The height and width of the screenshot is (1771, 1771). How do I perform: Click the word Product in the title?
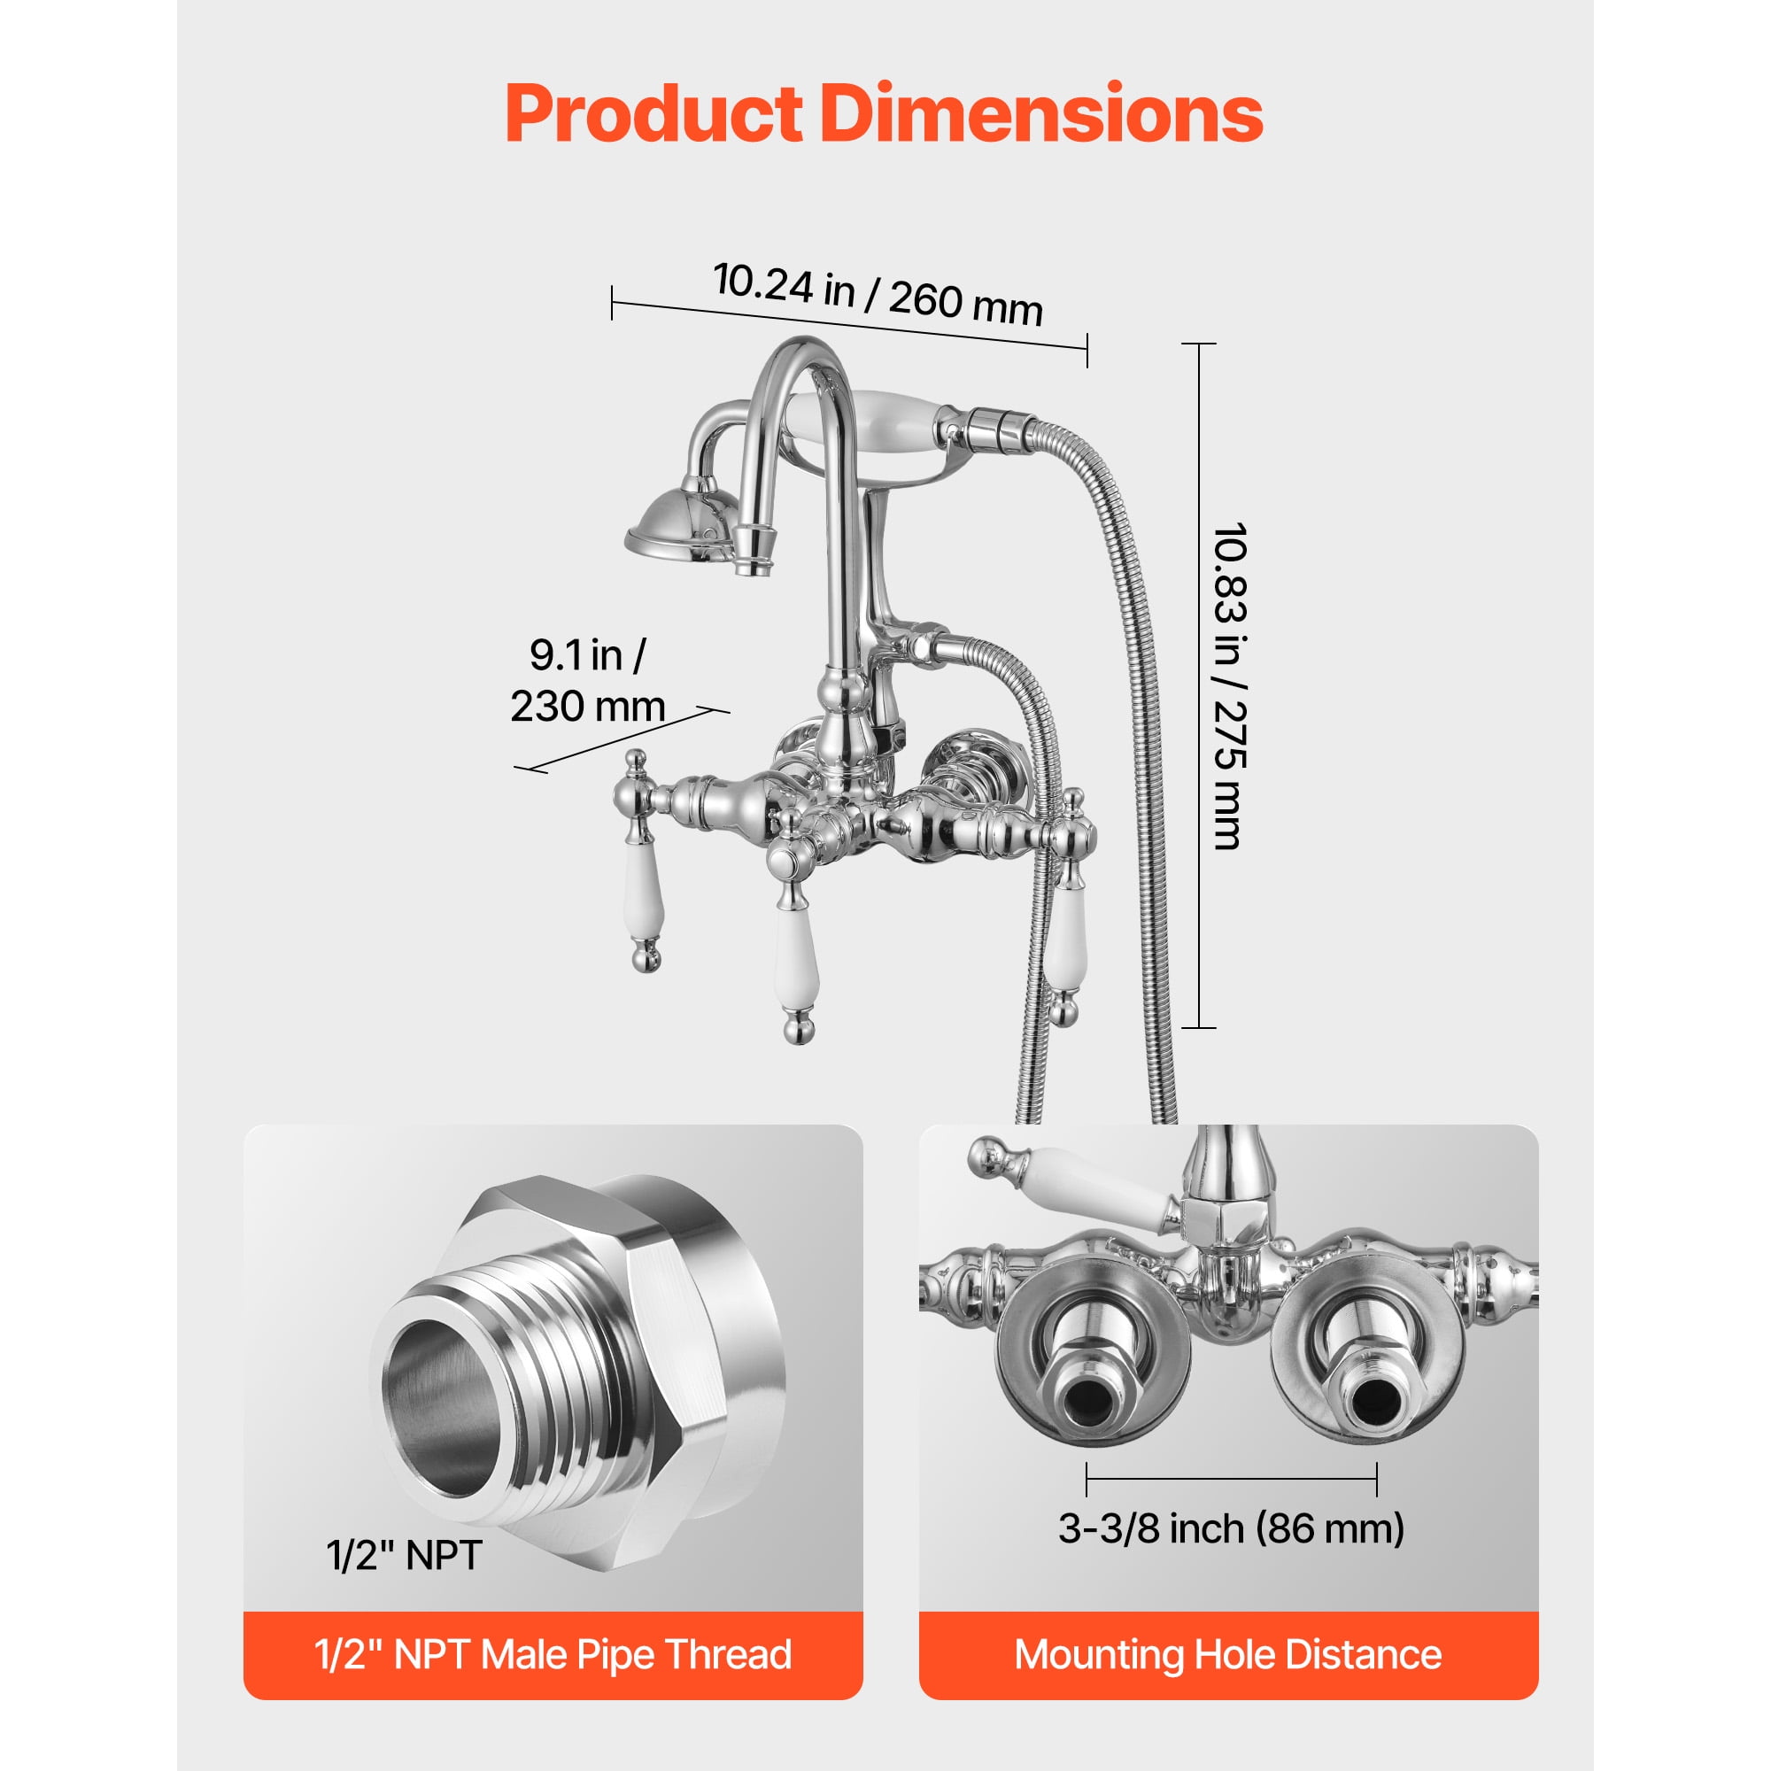653,113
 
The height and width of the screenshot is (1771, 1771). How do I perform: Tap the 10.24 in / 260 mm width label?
878,293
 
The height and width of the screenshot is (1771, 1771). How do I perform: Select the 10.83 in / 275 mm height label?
1229,685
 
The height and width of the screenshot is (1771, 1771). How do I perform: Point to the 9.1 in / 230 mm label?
588,680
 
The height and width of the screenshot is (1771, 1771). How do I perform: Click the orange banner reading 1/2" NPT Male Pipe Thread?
553,1655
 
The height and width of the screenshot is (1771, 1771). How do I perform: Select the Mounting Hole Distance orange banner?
1228,1655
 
